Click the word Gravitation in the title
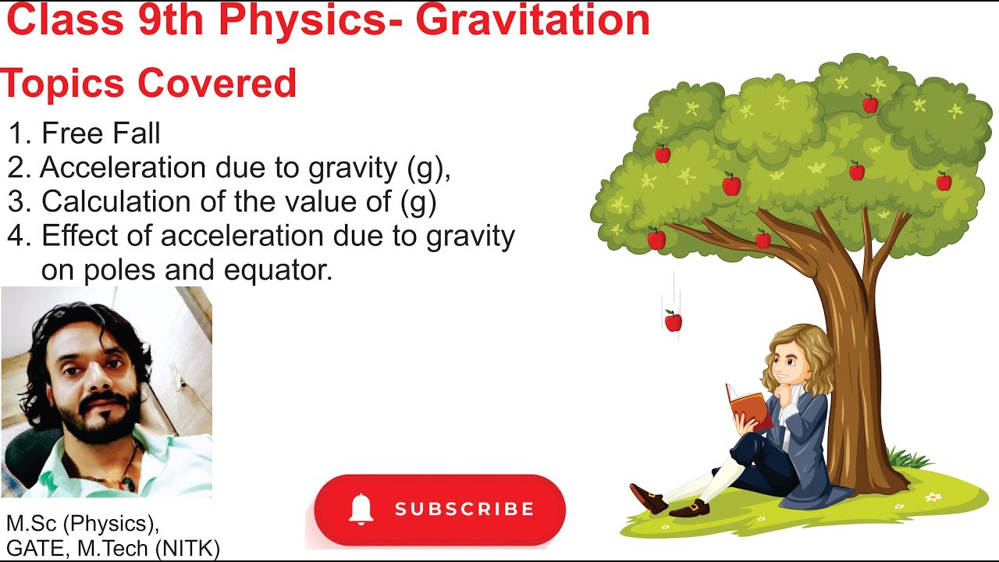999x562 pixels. point(532,20)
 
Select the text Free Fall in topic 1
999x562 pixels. point(101,134)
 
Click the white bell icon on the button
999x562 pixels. point(361,510)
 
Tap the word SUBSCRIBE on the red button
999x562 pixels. point(464,510)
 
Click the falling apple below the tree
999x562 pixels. point(673,321)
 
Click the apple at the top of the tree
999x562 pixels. point(870,104)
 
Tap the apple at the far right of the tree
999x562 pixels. point(944,183)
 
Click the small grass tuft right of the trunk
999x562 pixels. point(908,458)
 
